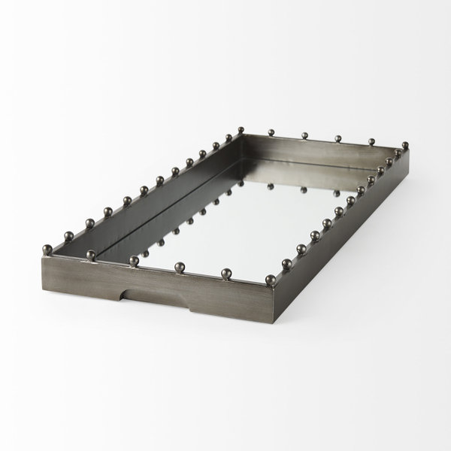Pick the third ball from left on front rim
point(134,260)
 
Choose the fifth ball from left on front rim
point(224,272)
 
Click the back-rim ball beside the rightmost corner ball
point(371,141)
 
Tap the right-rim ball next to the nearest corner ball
point(287,263)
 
